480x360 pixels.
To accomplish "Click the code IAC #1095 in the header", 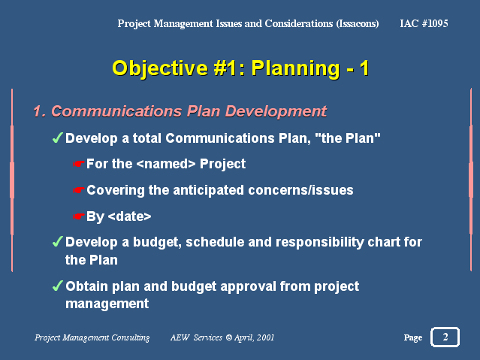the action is pos(424,23).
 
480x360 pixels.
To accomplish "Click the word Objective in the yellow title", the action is pos(160,68).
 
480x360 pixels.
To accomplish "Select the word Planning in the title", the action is pos(295,68).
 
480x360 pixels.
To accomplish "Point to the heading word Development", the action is pos(276,111).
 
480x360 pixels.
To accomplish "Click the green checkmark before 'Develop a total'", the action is pos(58,138).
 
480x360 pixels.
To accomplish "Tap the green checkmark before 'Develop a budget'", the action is pos(58,241).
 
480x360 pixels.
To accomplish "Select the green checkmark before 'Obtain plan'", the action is pos(58,286).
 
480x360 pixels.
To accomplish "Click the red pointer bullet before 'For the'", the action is pos(78,164).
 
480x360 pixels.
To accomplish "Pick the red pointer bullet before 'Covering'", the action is pos(78,190).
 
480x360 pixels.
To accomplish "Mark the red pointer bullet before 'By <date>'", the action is pos(78,216).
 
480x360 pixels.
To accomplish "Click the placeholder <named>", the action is pos(166,164).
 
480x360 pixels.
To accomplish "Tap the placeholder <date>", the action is pos(129,216).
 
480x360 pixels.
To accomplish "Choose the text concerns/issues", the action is pos(300,190).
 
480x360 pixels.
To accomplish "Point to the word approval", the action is pos(248,287).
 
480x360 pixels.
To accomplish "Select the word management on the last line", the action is pos(107,304).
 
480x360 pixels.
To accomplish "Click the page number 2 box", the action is pos(445,337).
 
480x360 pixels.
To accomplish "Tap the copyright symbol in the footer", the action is pos(228,337).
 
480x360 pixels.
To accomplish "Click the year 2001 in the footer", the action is pos(265,337).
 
